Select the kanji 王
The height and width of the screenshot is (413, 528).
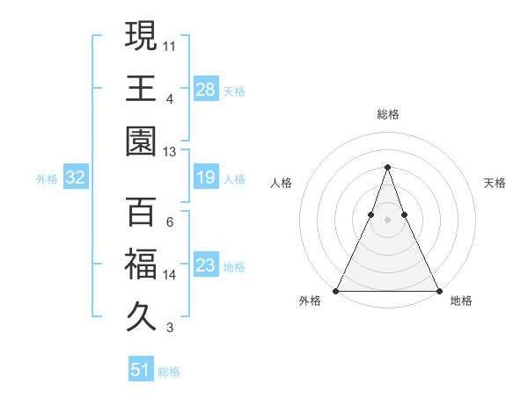click(141, 88)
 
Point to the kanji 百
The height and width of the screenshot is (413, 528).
click(141, 212)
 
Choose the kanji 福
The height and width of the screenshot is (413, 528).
click(141, 264)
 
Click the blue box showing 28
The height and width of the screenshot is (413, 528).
click(205, 89)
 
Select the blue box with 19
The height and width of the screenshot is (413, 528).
click(205, 178)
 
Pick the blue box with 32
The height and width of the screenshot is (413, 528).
click(75, 178)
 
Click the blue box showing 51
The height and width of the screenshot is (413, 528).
click(141, 370)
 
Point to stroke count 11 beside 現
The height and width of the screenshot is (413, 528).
click(170, 45)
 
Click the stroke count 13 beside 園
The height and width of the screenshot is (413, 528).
click(170, 152)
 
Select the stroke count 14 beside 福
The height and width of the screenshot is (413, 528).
click(170, 275)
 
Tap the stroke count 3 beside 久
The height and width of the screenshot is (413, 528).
click(170, 329)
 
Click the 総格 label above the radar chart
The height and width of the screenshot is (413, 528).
click(388, 114)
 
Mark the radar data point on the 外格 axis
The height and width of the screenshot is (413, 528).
click(336, 291)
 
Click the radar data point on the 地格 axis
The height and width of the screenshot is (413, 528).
click(438, 291)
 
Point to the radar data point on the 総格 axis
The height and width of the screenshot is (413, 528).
click(387, 167)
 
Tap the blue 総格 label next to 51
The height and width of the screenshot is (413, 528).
click(169, 372)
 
